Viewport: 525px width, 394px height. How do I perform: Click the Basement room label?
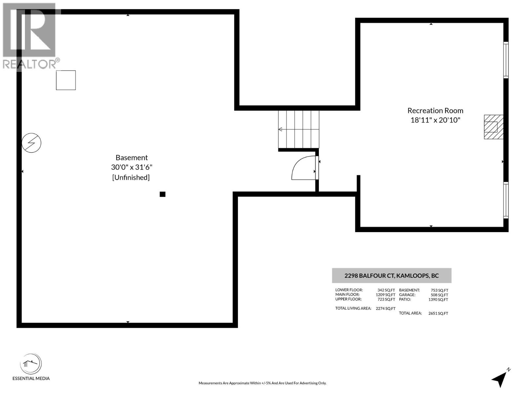(x=132, y=158)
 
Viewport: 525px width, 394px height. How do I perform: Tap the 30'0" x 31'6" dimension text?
(x=132, y=167)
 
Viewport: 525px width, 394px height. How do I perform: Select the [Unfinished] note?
(x=131, y=177)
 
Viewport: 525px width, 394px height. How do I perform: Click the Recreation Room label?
(x=435, y=111)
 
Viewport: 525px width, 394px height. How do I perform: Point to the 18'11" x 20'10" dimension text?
(x=435, y=120)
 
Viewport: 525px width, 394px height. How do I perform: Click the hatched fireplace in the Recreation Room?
(x=493, y=127)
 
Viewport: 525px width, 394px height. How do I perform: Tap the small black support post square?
(x=162, y=194)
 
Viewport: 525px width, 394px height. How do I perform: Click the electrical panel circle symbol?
(x=31, y=143)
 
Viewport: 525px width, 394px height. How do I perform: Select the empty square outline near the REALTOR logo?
(x=66, y=80)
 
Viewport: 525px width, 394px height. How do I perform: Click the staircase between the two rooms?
(x=299, y=129)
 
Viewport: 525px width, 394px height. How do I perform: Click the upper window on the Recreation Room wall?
(x=506, y=60)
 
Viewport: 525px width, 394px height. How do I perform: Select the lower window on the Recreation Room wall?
(x=506, y=200)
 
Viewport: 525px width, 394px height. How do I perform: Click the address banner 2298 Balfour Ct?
(x=391, y=275)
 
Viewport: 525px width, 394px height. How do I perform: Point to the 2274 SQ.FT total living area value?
(x=386, y=309)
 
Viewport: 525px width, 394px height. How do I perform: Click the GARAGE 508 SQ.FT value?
(x=439, y=295)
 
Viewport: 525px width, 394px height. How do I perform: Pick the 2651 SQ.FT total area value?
(x=438, y=313)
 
